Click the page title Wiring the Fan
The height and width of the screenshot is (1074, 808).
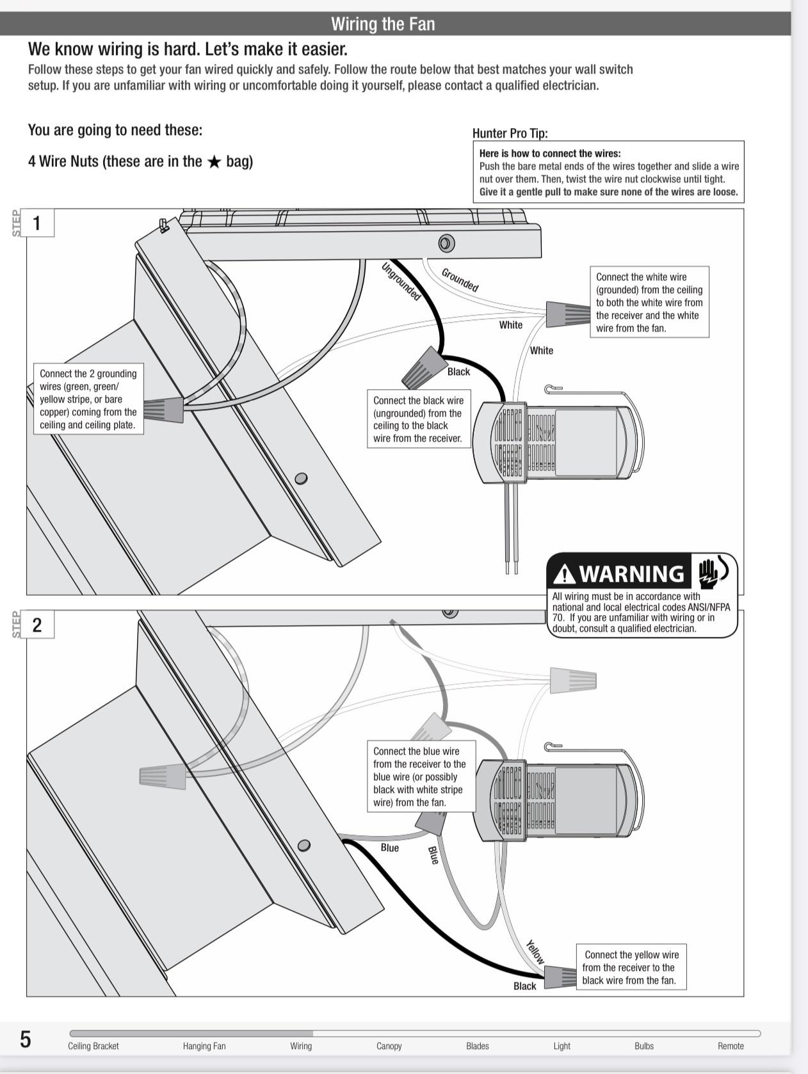click(x=383, y=24)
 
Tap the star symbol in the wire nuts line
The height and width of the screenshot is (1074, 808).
click(x=214, y=162)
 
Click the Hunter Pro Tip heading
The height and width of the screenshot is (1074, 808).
click(x=510, y=133)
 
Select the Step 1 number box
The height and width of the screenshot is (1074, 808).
click(x=37, y=223)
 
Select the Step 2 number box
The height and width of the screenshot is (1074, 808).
click(x=37, y=625)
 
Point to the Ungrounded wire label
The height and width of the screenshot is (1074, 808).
click(x=401, y=282)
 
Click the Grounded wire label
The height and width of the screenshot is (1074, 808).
click(x=460, y=280)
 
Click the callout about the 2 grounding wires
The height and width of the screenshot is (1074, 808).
click(x=88, y=399)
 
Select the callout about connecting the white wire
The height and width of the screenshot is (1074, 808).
click(x=649, y=302)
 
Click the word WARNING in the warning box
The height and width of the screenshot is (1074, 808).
click(x=631, y=573)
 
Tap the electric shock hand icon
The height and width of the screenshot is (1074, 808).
click(x=711, y=572)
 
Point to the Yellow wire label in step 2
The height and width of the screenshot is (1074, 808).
click(x=535, y=952)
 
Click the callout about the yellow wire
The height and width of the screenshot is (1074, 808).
click(x=631, y=967)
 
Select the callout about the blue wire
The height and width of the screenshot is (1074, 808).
click(x=421, y=776)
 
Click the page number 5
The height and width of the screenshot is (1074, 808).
click(x=26, y=1039)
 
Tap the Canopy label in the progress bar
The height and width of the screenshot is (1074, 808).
click(x=389, y=1046)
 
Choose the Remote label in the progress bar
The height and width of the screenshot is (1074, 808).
click(x=731, y=1046)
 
